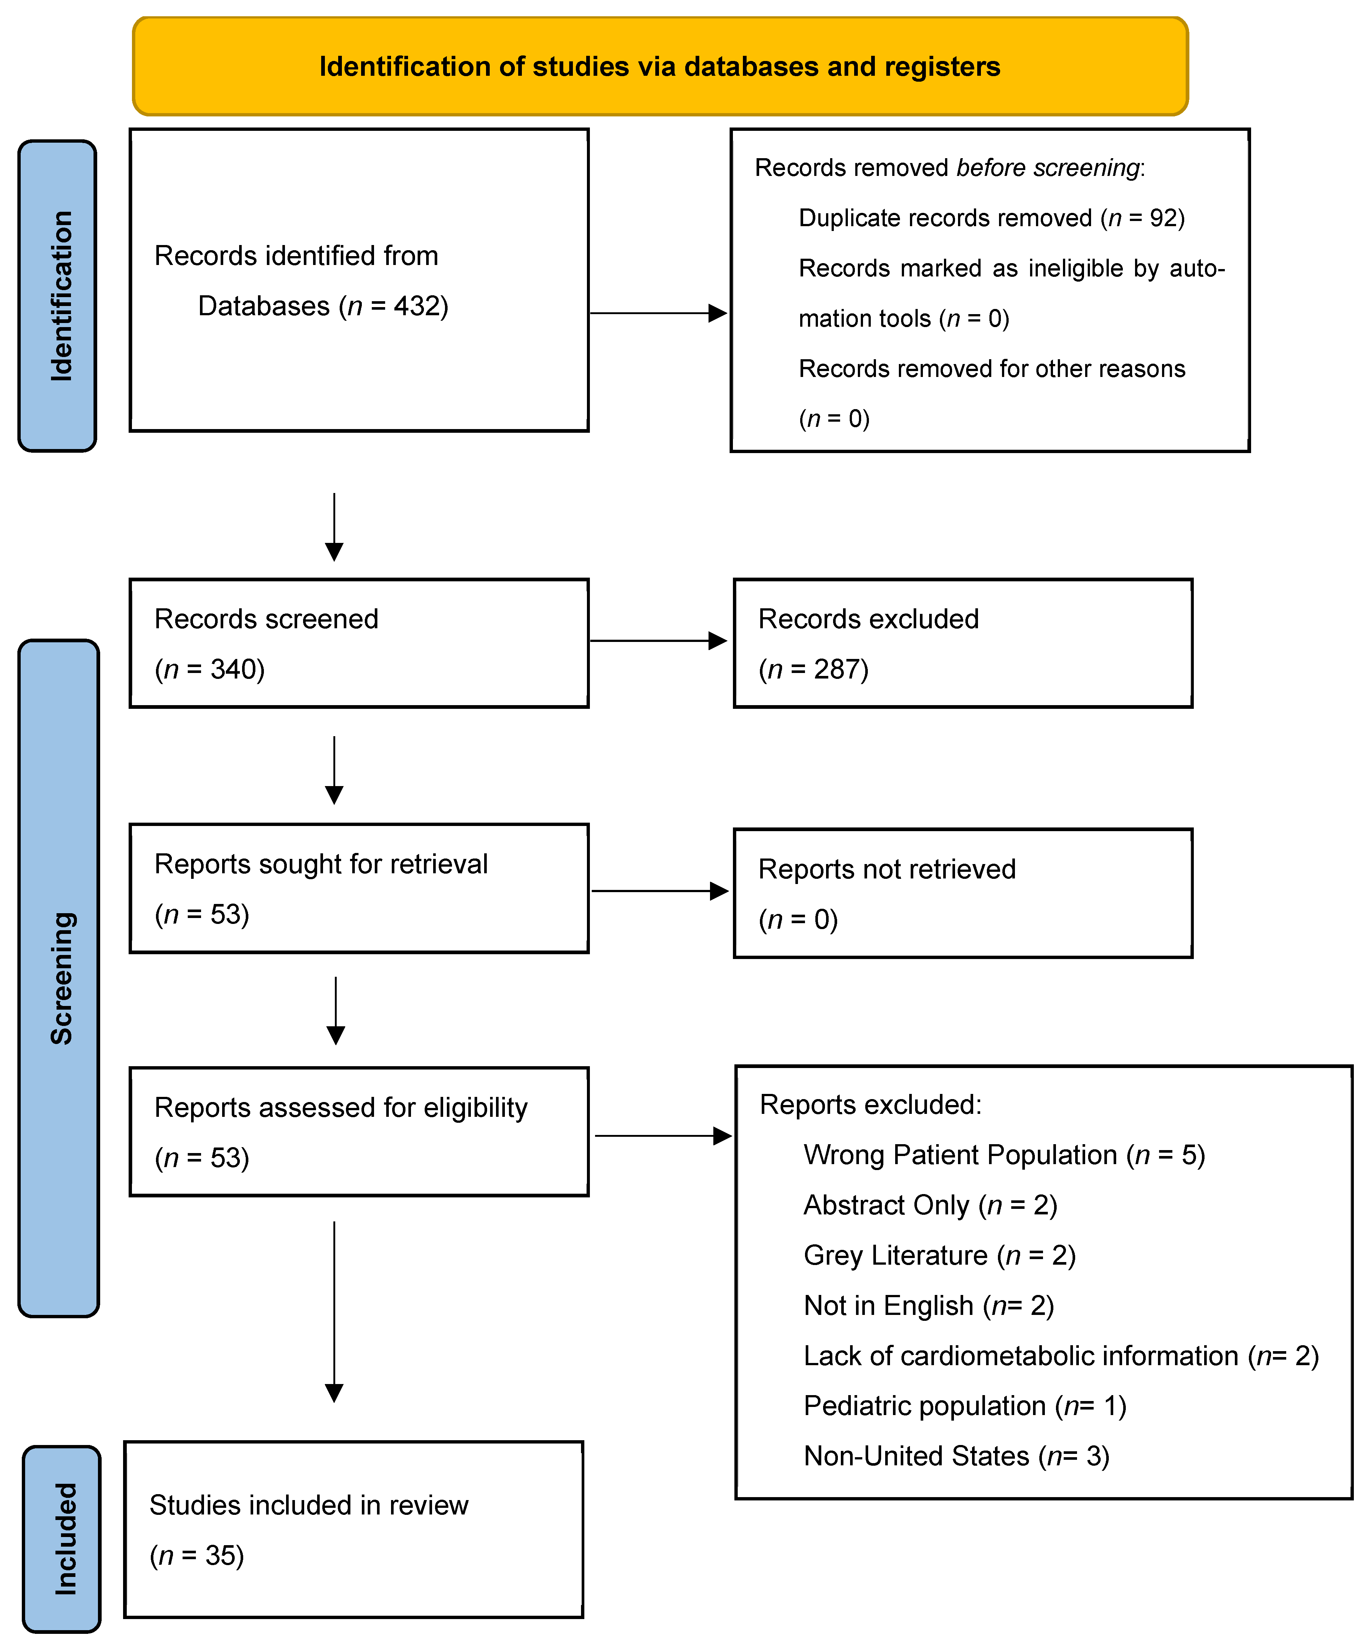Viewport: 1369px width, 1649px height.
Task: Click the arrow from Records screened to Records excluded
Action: pos(658,641)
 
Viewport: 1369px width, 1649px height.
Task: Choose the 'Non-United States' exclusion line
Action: pos(956,1456)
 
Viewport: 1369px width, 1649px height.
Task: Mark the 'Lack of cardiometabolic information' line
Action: pos(1060,1356)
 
